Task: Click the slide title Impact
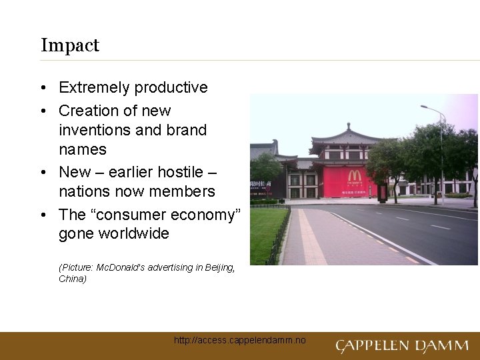(x=69, y=45)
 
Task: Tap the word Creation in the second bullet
(x=86, y=111)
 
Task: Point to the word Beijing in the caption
(x=214, y=267)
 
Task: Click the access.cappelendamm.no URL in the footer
(x=239, y=340)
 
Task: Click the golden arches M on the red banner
(x=355, y=176)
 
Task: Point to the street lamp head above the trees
(x=424, y=107)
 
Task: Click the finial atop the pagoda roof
(x=347, y=126)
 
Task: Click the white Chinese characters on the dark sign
(x=258, y=183)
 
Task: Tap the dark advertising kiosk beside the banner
(x=382, y=193)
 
